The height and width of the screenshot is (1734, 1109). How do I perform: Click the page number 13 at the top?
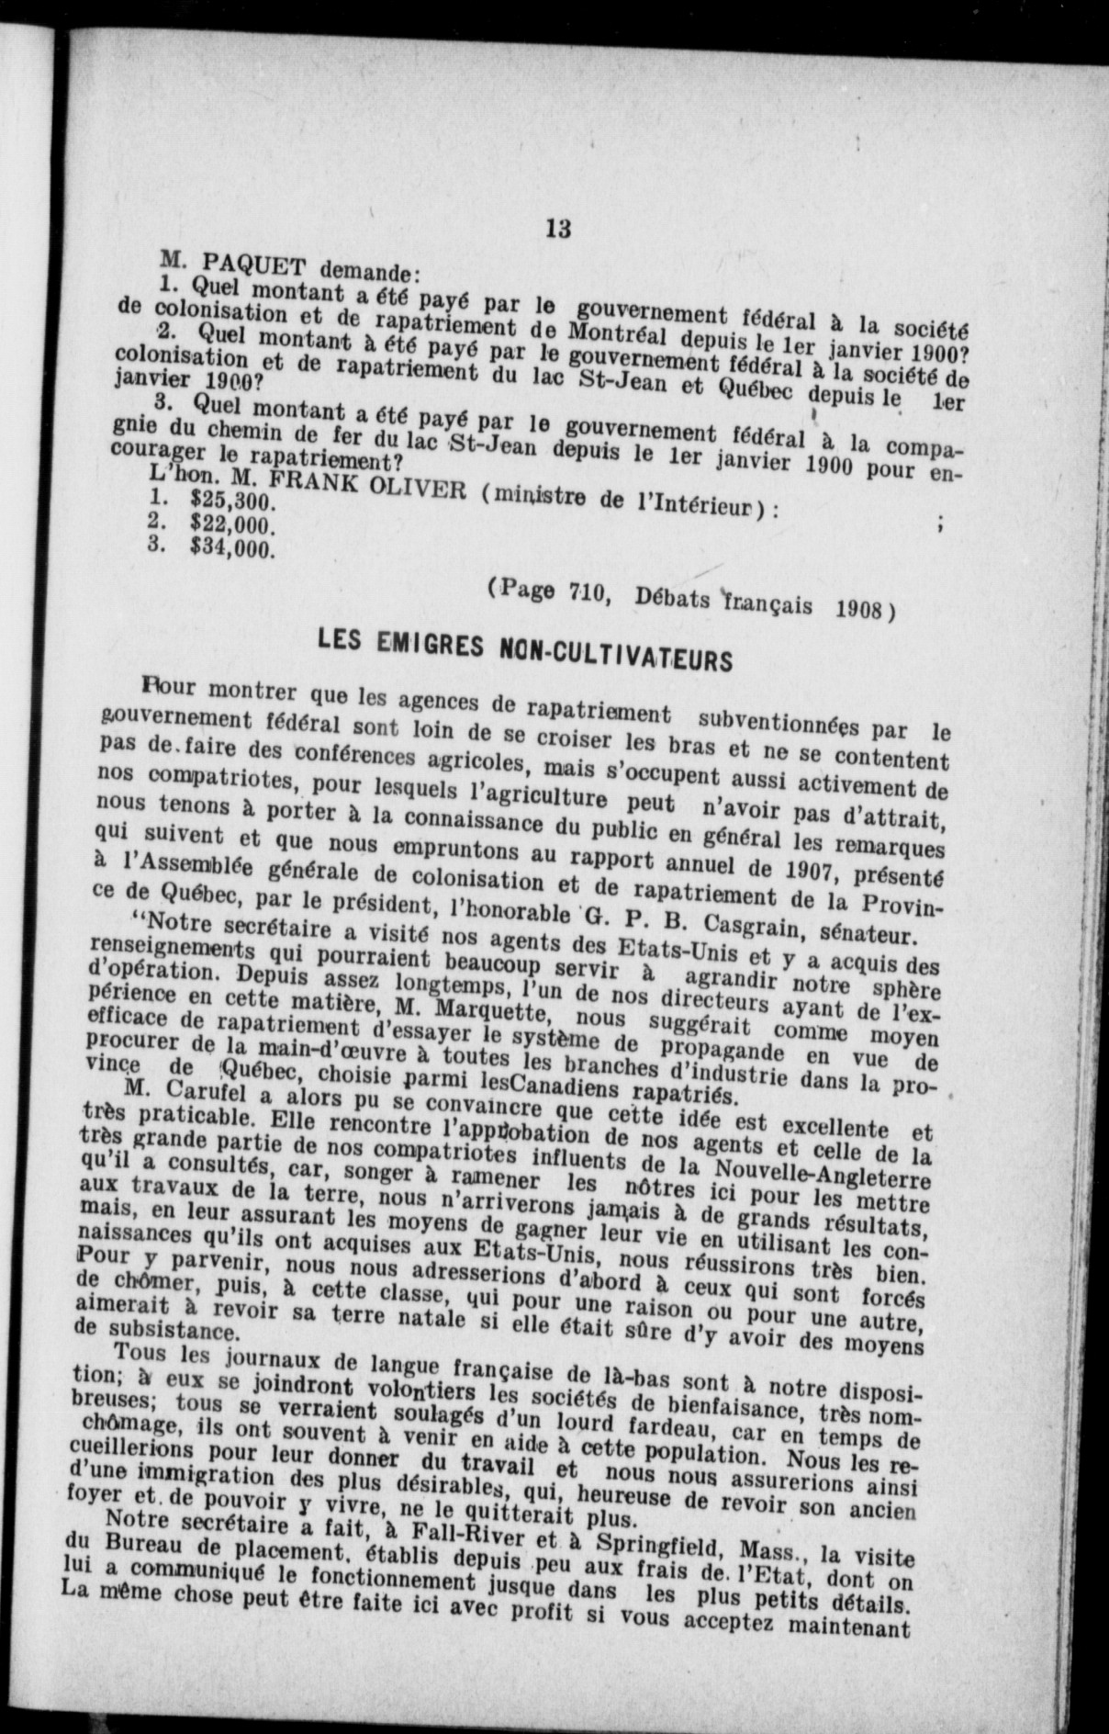(557, 229)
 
